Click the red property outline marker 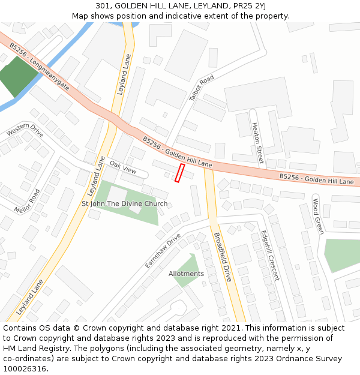pyautogui.click(x=179, y=172)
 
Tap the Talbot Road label pyautogui.click(x=201, y=89)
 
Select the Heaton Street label pyautogui.click(x=257, y=143)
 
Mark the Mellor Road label pyautogui.click(x=27, y=202)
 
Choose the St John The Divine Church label pyautogui.click(x=124, y=204)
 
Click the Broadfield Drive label pyautogui.click(x=221, y=256)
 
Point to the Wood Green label pyautogui.click(x=317, y=217)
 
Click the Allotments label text pyautogui.click(x=186, y=274)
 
